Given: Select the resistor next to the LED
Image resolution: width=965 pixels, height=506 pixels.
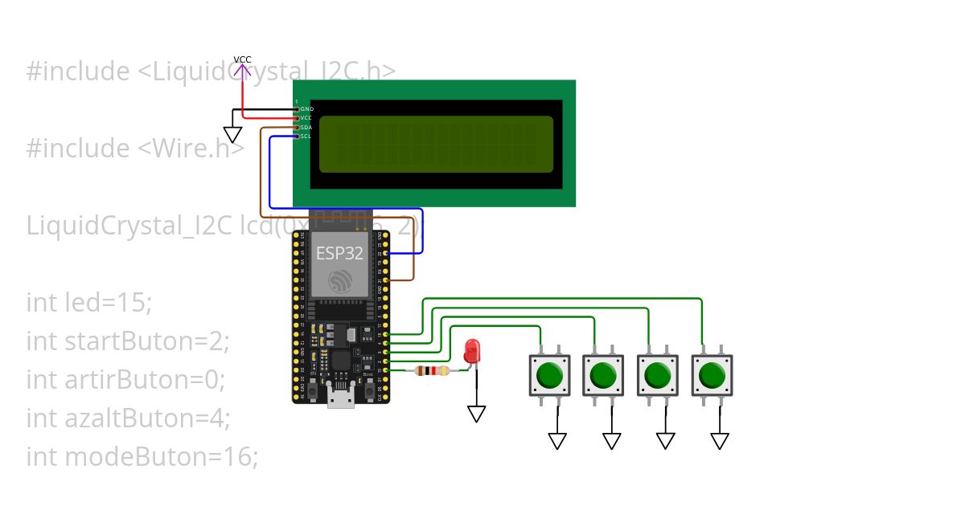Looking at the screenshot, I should (x=433, y=371).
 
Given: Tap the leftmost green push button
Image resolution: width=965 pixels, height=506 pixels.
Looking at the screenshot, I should (x=550, y=375).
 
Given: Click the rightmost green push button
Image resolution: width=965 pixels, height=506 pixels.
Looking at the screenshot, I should (x=712, y=375).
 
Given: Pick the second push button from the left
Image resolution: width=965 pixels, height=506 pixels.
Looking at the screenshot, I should (x=604, y=375).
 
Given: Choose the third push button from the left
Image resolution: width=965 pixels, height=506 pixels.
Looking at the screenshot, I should (x=658, y=375).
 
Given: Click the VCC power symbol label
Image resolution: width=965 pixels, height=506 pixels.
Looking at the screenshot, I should (x=242, y=60).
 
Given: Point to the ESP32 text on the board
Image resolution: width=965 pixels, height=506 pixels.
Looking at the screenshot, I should (x=339, y=254).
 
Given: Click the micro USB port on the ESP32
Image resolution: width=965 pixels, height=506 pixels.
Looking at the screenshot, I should (x=339, y=399).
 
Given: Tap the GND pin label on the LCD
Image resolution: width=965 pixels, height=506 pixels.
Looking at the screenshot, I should (x=306, y=108).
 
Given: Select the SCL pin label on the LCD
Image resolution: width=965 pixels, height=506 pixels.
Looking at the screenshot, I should (x=306, y=137).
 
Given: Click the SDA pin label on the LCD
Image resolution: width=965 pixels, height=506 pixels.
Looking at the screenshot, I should (x=306, y=127).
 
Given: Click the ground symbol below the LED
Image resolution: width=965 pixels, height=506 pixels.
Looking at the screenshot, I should (x=477, y=414).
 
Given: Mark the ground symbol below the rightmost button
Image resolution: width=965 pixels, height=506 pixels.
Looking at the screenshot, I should (x=720, y=440).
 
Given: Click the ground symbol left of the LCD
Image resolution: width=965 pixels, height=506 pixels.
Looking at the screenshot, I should (x=232, y=135).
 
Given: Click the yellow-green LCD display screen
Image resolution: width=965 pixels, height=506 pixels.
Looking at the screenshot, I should (x=437, y=145).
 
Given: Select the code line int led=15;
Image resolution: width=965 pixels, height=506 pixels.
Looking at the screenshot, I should (x=89, y=303).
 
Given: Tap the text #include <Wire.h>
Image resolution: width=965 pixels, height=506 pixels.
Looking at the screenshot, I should (x=134, y=149).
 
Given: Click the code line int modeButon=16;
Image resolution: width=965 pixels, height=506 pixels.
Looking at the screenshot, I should (x=142, y=457).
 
